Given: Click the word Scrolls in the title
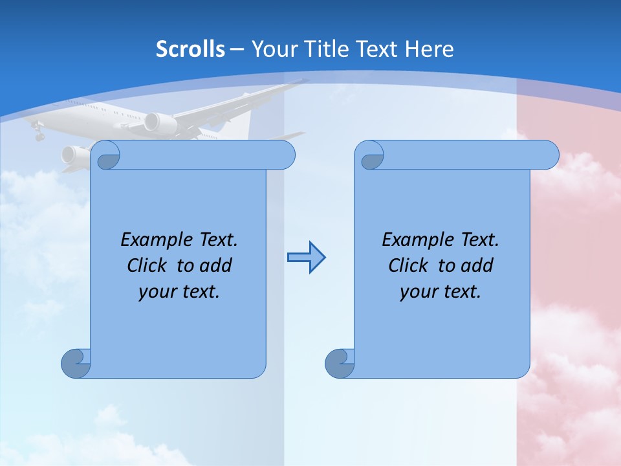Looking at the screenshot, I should click(x=190, y=49).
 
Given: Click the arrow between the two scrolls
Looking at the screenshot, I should click(x=306, y=258).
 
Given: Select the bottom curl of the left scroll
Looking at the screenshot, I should click(x=75, y=364).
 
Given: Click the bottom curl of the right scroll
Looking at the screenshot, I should click(x=339, y=364).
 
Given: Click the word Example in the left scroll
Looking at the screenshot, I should click(x=154, y=240).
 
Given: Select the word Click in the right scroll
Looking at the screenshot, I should click(x=408, y=266).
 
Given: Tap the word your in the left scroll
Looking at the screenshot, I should click(x=156, y=293).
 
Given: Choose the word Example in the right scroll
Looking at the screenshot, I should click(x=415, y=240).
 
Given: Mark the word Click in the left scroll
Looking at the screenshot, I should click(x=146, y=266).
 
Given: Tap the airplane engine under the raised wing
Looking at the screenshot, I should click(x=159, y=123).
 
